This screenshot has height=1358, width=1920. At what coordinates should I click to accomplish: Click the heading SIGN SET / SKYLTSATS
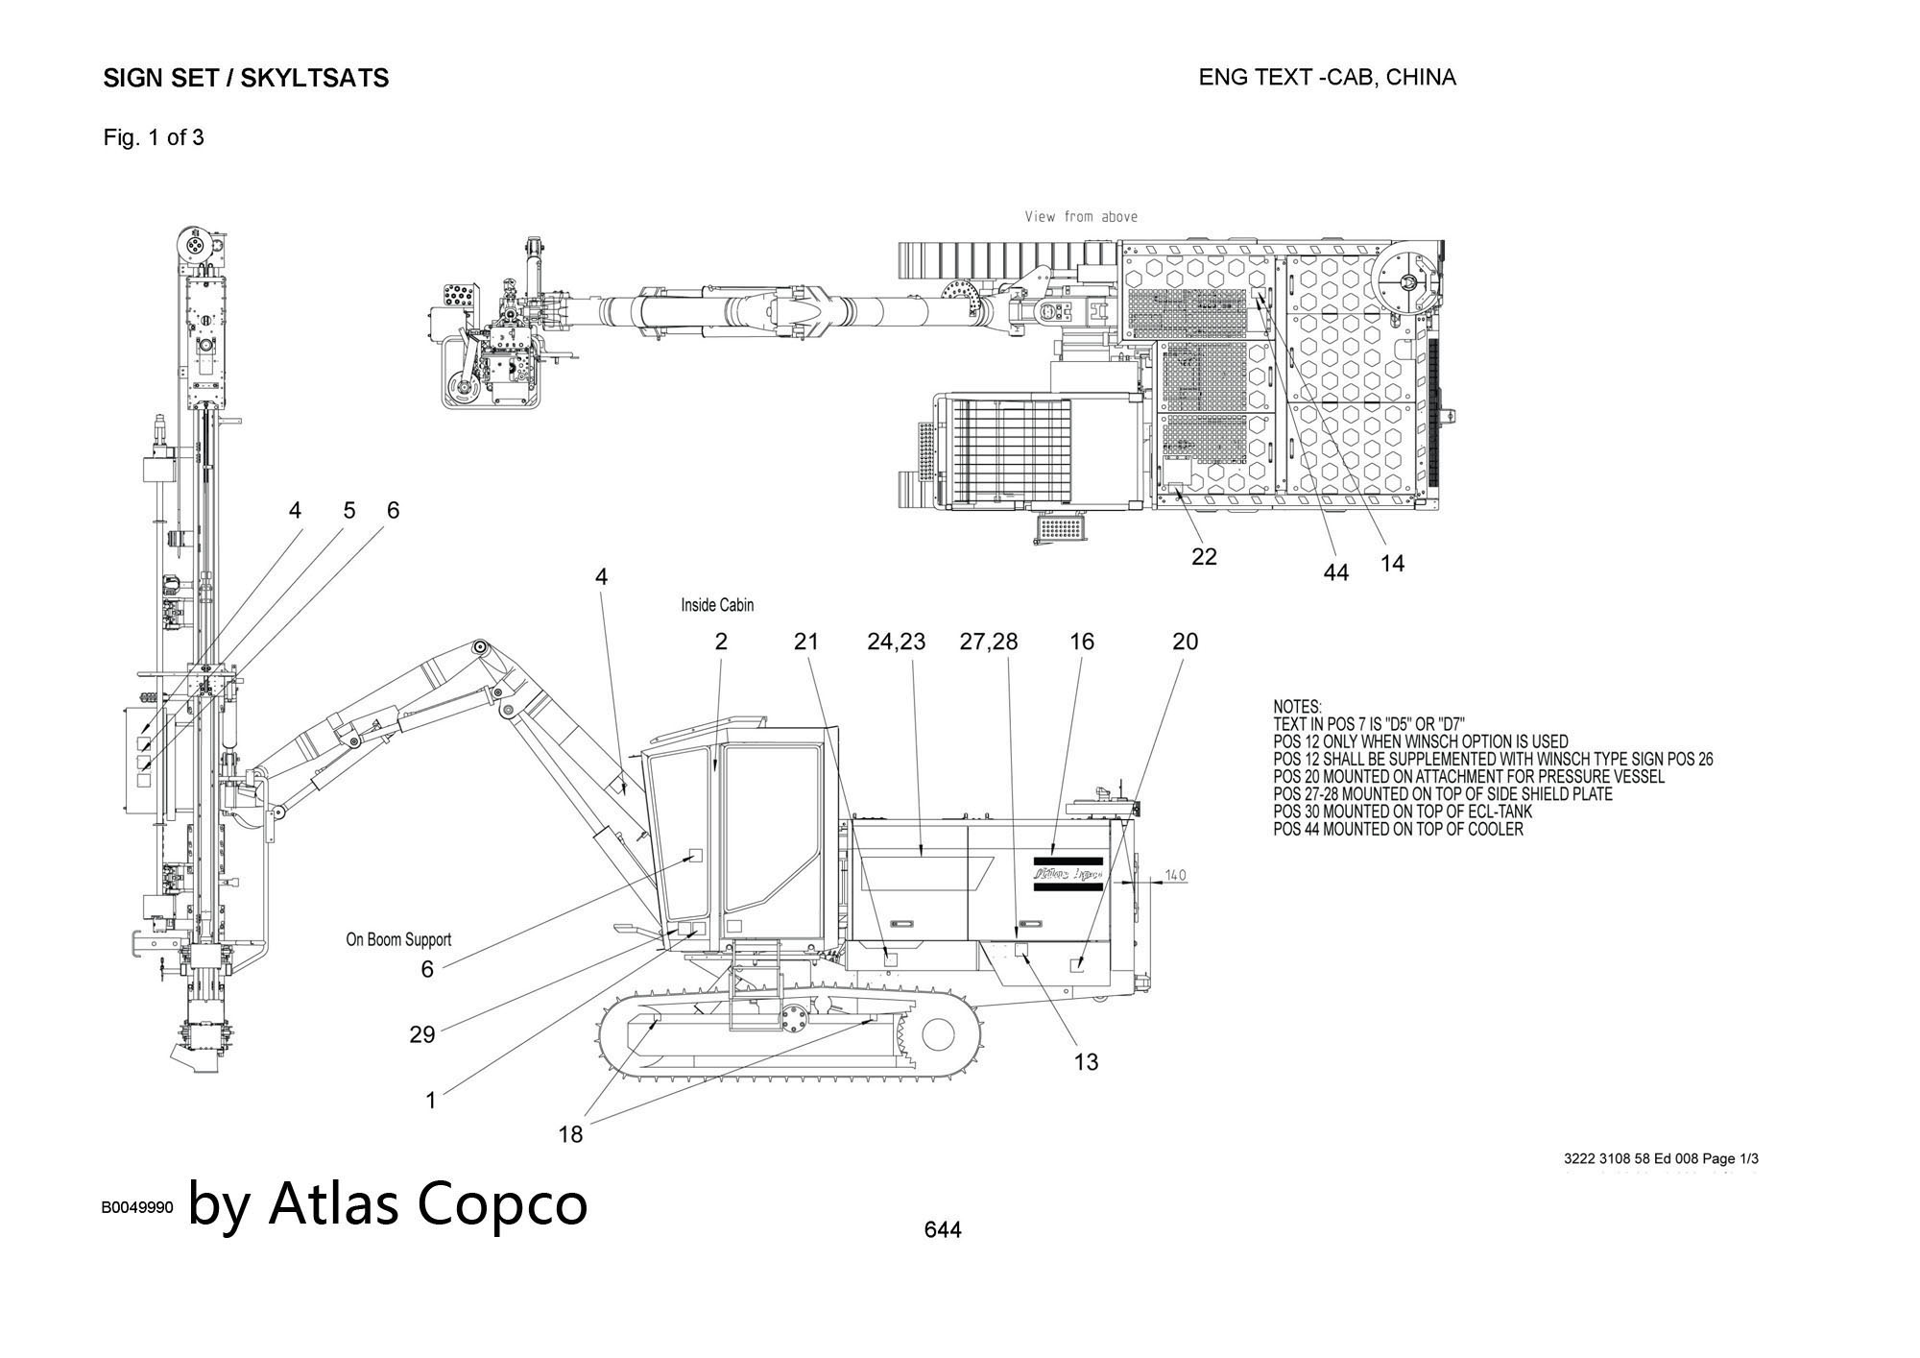pyautogui.click(x=246, y=78)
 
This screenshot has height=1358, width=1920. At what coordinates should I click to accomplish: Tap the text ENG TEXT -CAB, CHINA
pyautogui.click(x=1327, y=77)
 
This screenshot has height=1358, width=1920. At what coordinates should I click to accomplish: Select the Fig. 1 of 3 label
pyautogui.click(x=154, y=137)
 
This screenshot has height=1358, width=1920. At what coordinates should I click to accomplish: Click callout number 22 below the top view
pyautogui.click(x=1204, y=556)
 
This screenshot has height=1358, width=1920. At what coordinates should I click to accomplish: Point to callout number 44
pyautogui.click(x=1335, y=572)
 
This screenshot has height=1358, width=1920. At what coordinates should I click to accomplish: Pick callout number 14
pyautogui.click(x=1392, y=564)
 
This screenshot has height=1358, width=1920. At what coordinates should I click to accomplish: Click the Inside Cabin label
pyautogui.click(x=717, y=605)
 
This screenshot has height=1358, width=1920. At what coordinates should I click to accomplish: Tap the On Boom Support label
pyautogui.click(x=398, y=939)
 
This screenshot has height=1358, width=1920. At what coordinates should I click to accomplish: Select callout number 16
pyautogui.click(x=1082, y=642)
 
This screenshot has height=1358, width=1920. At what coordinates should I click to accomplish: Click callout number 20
pyautogui.click(x=1186, y=642)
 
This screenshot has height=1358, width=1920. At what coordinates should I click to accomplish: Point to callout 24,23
pyautogui.click(x=896, y=642)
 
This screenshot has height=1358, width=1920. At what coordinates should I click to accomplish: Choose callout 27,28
pyautogui.click(x=989, y=642)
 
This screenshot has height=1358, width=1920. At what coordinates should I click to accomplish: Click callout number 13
pyautogui.click(x=1086, y=1061)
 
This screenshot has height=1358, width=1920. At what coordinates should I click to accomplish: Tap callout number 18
pyautogui.click(x=570, y=1134)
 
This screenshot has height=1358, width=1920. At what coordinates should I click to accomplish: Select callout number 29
pyautogui.click(x=422, y=1034)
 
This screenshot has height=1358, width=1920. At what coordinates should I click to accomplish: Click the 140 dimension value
pyautogui.click(x=1175, y=875)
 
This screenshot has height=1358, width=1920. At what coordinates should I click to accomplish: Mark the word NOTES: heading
pyautogui.click(x=1297, y=707)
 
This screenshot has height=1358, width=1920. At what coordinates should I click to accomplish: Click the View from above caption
pyautogui.click(x=1081, y=217)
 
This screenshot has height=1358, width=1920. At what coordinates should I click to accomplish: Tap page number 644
pyautogui.click(x=942, y=1229)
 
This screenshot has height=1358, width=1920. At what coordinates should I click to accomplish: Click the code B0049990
pyautogui.click(x=137, y=1207)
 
